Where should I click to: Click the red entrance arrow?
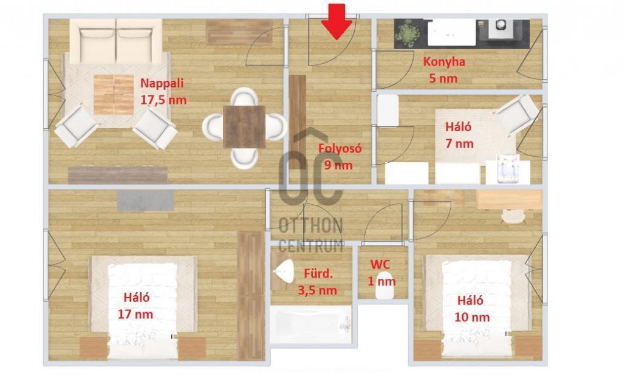(x=337, y=22)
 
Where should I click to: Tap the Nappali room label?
(x=162, y=83)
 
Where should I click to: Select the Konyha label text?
(x=444, y=62)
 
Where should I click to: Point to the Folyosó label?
(x=340, y=148)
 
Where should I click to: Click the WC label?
(x=380, y=264)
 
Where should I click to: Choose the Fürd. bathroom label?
(x=318, y=273)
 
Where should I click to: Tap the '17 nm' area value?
(x=135, y=315)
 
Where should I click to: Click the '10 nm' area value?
(x=472, y=317)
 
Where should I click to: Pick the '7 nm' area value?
(x=459, y=143)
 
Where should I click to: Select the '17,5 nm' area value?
(x=163, y=100)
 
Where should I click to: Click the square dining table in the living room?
(x=244, y=127)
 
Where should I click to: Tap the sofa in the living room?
(x=116, y=41)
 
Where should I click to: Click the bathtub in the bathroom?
(x=311, y=324)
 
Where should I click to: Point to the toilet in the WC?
(x=384, y=285)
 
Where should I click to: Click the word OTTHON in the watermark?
(x=310, y=226)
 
